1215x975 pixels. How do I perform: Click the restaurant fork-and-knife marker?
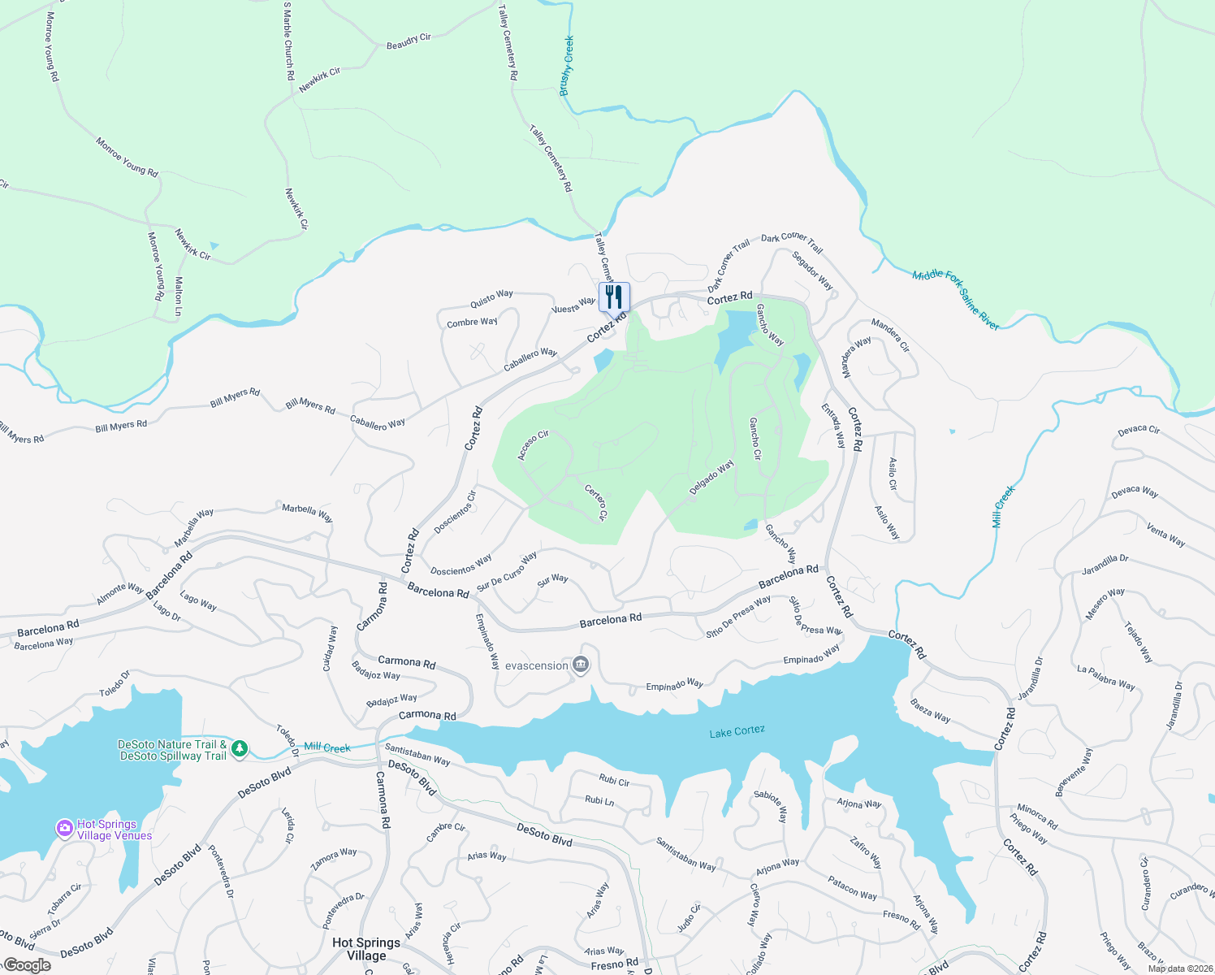click(x=614, y=297)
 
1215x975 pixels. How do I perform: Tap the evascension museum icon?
click(x=580, y=665)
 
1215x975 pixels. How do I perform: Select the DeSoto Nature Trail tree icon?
click(x=239, y=749)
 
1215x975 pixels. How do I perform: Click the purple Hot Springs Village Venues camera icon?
click(x=64, y=828)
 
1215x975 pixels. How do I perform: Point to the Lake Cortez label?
click(x=737, y=731)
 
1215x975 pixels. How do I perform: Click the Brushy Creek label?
click(x=567, y=66)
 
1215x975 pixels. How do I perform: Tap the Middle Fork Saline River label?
click(x=955, y=300)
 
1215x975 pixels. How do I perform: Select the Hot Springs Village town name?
click(x=366, y=948)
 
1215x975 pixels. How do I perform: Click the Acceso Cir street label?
click(x=534, y=445)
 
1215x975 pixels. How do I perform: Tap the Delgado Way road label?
click(x=711, y=477)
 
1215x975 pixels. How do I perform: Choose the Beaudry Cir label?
click(x=409, y=41)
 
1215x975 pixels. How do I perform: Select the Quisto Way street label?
click(x=491, y=299)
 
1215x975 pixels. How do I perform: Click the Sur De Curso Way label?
click(x=507, y=571)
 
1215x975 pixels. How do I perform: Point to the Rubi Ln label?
click(x=599, y=800)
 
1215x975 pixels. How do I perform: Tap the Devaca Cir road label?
click(x=1139, y=430)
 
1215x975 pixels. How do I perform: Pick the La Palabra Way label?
click(x=1105, y=678)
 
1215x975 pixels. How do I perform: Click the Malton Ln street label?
click(x=179, y=296)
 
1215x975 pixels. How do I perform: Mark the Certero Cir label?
click(x=596, y=502)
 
